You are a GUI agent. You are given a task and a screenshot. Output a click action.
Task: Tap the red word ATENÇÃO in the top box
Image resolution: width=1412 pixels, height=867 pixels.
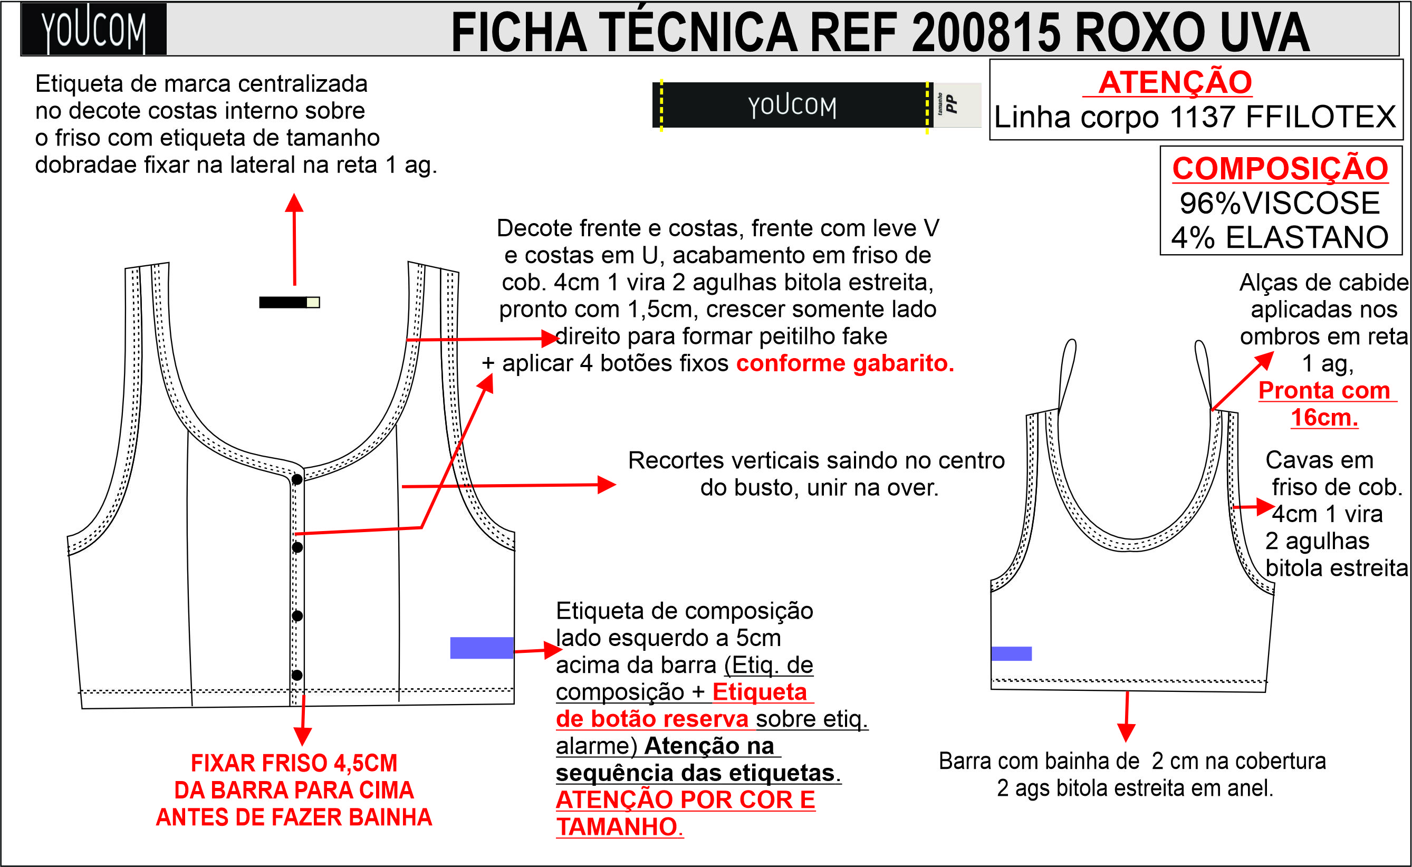[x=1175, y=82]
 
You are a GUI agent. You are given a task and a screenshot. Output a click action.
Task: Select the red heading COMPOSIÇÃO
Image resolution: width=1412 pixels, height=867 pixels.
[x=1280, y=169]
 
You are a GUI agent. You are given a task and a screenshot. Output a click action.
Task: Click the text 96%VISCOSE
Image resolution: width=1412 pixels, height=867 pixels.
[x=1280, y=203]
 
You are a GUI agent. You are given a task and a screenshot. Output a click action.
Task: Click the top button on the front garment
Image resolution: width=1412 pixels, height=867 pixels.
[x=297, y=479]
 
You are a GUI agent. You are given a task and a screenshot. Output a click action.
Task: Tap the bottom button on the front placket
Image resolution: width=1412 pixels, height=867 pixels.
[x=297, y=675]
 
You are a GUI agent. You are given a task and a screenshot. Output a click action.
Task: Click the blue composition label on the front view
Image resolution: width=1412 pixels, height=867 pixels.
[x=481, y=648]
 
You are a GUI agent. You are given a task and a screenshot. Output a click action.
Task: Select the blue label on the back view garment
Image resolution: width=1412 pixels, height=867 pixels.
[x=1011, y=654]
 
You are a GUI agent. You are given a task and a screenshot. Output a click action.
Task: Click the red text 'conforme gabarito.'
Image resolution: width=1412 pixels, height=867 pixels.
[x=845, y=363]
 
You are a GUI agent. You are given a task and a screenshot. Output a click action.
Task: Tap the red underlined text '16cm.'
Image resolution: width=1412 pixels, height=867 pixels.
[x=1324, y=418]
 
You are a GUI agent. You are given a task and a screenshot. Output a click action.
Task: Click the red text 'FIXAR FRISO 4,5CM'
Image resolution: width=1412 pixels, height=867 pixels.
[x=294, y=763]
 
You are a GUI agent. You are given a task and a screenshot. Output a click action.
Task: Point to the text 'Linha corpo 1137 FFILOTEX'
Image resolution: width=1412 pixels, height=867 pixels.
[x=1195, y=117]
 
